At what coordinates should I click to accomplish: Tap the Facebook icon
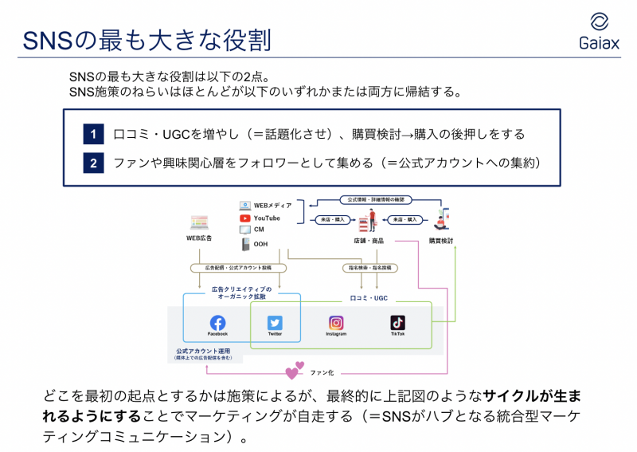click(217, 323)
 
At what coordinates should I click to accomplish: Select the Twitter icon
click(275, 323)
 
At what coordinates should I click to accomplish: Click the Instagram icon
click(336, 323)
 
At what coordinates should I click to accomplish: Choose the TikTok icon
click(397, 323)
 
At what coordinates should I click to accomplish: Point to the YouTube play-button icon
click(245, 218)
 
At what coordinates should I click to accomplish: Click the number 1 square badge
click(93, 134)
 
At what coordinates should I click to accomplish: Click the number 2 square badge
click(93, 163)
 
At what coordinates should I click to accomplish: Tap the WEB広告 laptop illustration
click(198, 222)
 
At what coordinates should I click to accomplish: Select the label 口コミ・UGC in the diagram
click(369, 297)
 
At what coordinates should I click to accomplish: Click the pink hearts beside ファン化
click(295, 371)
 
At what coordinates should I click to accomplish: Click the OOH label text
click(260, 244)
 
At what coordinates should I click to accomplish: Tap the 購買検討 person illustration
click(440, 219)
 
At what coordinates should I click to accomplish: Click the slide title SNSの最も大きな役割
click(146, 38)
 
